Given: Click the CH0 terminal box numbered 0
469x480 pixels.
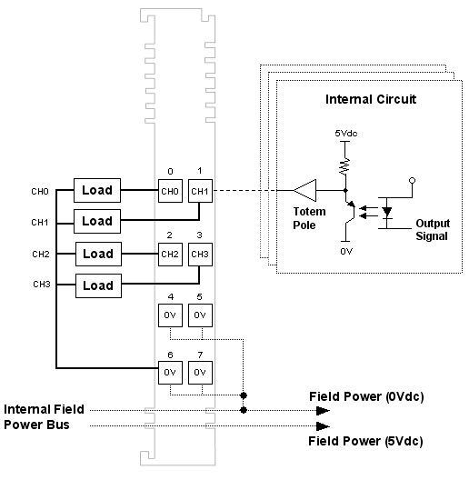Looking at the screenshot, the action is (x=170, y=191).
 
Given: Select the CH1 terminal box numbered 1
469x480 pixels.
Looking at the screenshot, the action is (x=200, y=191).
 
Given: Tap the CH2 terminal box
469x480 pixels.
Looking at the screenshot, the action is (x=170, y=255).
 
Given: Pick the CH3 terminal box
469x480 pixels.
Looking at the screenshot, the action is (x=200, y=255).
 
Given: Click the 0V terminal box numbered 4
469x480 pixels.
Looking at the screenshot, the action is (x=170, y=315).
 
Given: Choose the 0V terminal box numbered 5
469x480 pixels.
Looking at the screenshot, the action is (x=200, y=315).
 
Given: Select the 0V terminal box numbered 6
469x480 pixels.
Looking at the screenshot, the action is (x=170, y=373).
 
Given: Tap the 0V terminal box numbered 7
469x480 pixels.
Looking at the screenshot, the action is (x=200, y=373).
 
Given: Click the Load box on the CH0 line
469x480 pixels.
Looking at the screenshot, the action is (x=97, y=190).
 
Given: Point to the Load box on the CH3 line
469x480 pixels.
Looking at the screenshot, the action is (x=98, y=286).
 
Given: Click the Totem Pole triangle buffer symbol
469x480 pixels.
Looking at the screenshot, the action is (x=304, y=190).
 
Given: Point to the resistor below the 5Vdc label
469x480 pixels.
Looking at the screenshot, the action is (x=345, y=166).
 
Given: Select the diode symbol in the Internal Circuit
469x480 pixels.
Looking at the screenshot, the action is (x=387, y=212).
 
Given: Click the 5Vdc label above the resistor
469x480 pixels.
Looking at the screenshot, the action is (x=346, y=133).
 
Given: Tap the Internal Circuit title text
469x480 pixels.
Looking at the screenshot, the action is (x=371, y=99).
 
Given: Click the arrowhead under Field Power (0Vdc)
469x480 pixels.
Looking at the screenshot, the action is (x=323, y=411).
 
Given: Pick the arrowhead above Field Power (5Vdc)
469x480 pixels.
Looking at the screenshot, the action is (x=323, y=425).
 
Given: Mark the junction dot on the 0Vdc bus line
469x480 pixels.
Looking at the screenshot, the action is (x=244, y=410).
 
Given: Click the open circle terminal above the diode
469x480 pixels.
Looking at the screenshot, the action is (x=412, y=181).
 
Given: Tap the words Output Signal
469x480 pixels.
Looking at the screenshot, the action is (x=433, y=230).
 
